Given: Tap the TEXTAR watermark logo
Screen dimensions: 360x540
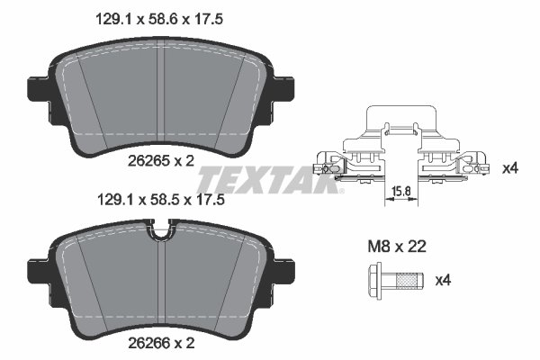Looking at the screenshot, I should (270, 175).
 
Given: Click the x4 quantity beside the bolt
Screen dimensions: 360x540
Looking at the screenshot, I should (442, 282).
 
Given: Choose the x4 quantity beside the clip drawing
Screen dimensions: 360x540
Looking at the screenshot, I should (510, 168).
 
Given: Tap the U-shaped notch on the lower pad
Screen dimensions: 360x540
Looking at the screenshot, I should (159, 237).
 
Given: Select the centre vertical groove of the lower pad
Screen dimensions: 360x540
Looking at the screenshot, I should (159, 288).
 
